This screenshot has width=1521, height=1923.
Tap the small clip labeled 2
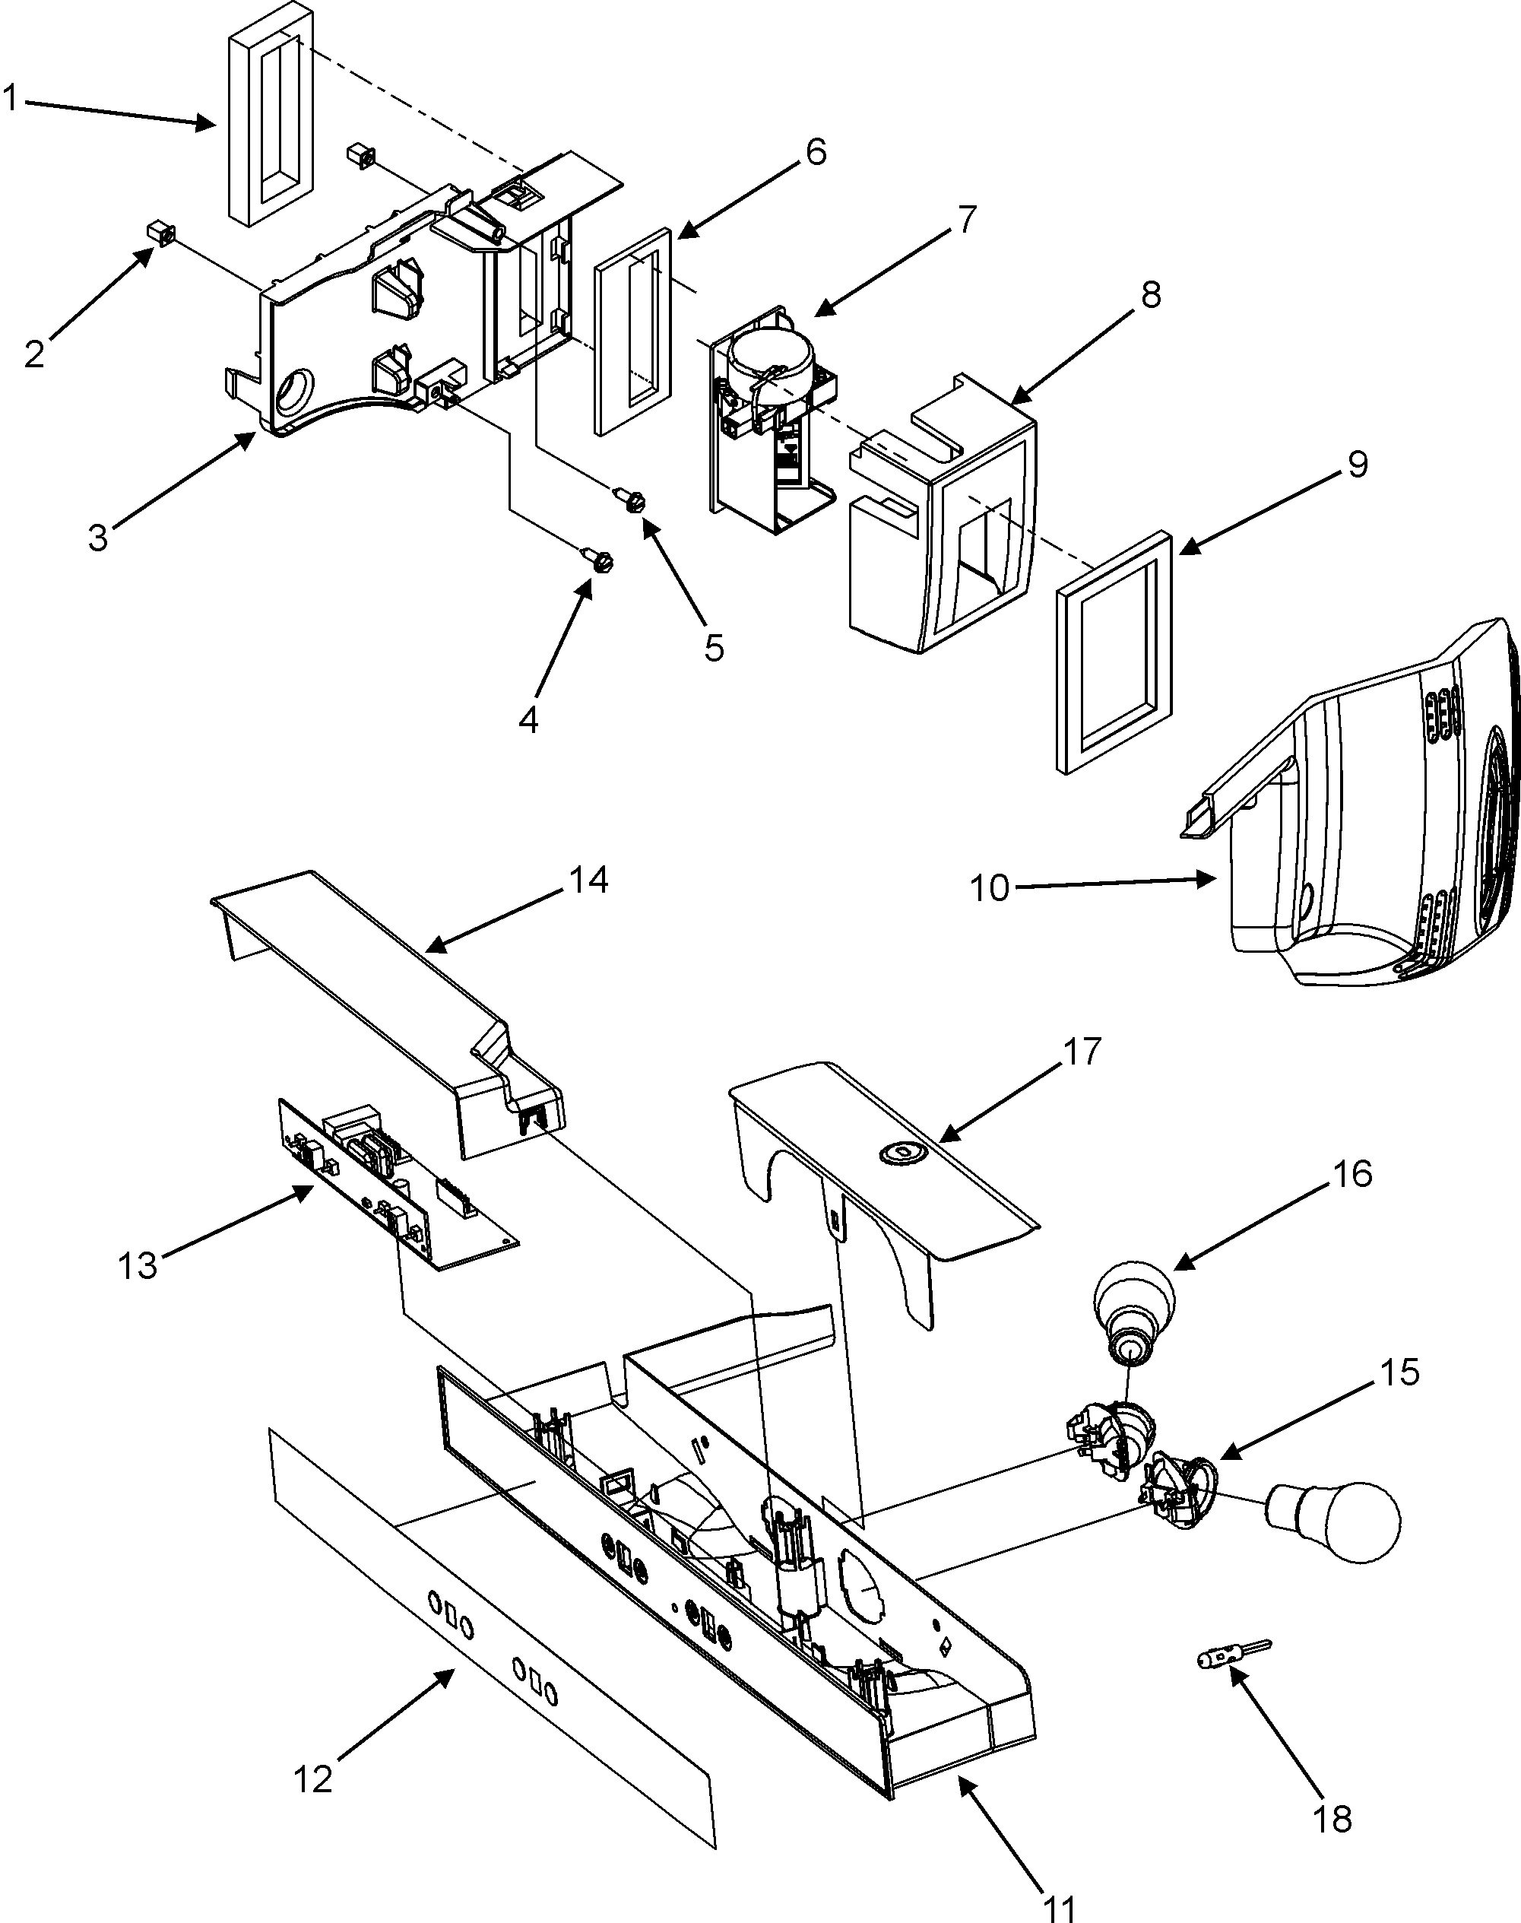coord(160,234)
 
